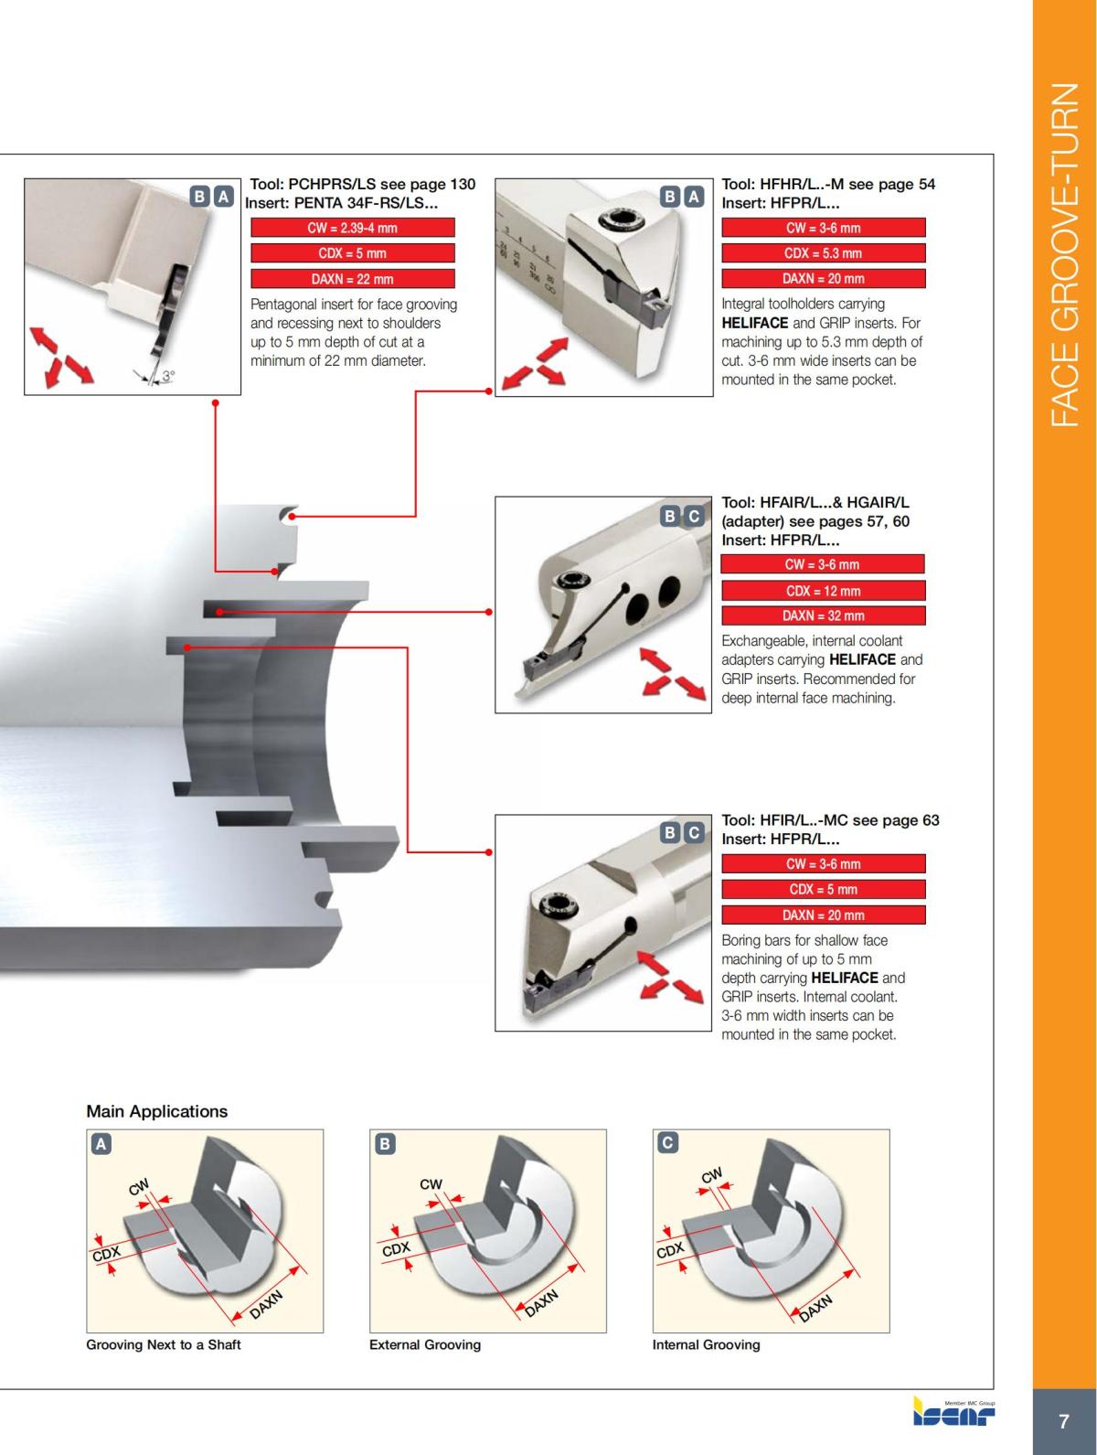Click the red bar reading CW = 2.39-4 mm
tap(352, 228)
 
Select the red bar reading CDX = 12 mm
tap(823, 591)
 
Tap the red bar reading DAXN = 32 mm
tap(823, 615)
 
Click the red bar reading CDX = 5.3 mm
tap(823, 253)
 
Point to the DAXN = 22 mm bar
tap(352, 279)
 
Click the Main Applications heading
tap(156, 1111)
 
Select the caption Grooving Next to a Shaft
tap(163, 1344)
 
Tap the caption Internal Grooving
tap(706, 1344)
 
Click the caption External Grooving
tap(424, 1344)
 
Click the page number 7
tap(1063, 1422)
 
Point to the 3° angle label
tap(168, 375)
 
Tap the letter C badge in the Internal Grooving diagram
tap(668, 1142)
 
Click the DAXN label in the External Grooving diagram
tap(541, 1303)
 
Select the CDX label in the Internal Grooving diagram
tap(670, 1250)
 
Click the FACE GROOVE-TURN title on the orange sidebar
tap(1064, 256)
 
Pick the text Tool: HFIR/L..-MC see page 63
tap(830, 820)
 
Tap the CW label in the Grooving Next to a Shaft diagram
tap(139, 1187)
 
